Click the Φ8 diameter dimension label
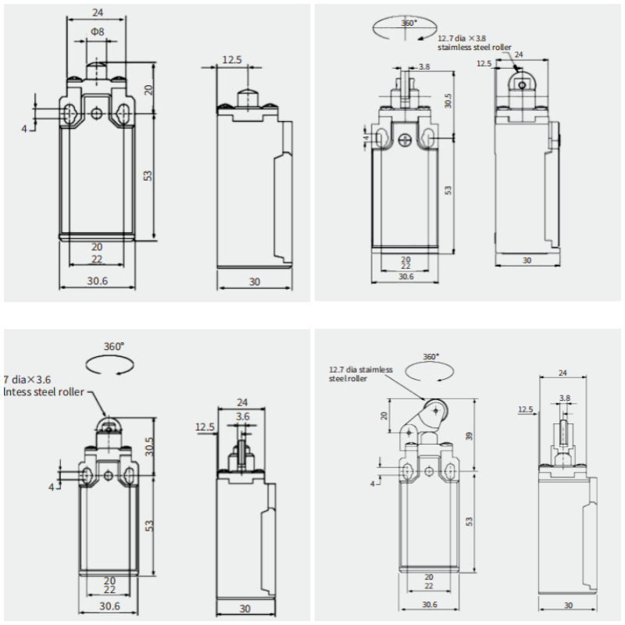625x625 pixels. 97,31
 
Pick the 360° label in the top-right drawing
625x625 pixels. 409,23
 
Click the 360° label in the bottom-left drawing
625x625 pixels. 114,345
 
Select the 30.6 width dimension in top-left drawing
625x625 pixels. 98,281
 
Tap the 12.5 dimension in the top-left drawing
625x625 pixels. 231,59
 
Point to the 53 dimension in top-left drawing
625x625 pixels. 148,175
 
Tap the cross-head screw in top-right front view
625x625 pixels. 405,141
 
